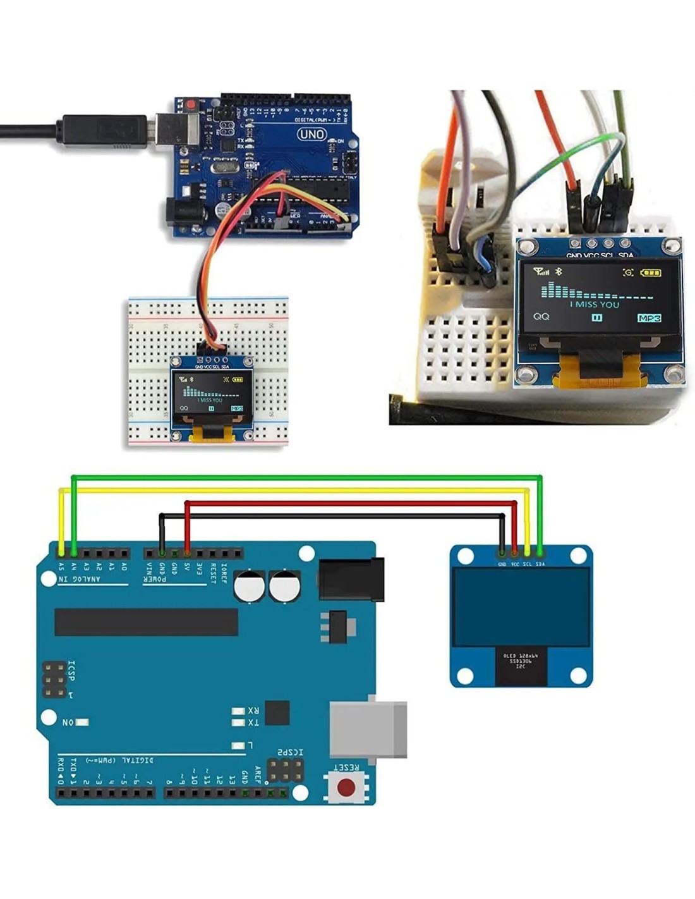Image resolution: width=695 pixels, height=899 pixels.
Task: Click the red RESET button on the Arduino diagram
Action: coord(346,787)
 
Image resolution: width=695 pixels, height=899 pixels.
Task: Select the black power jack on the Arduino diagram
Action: coord(351,578)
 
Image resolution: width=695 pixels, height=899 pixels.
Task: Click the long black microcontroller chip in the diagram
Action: coord(146,622)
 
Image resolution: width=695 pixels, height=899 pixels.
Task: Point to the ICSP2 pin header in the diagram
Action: coord(285,770)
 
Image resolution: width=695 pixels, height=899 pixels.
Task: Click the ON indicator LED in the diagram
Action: coord(82,722)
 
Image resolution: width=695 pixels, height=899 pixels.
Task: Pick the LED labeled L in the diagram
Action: coord(238,746)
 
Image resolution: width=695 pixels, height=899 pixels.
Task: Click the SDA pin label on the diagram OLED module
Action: coord(540,564)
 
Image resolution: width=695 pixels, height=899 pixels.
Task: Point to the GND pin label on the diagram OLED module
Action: coord(502,564)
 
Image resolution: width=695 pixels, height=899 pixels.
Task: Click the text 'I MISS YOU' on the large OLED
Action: coord(595,304)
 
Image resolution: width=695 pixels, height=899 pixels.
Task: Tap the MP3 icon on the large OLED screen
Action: coord(650,318)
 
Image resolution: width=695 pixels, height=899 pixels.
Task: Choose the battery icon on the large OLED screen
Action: coord(651,273)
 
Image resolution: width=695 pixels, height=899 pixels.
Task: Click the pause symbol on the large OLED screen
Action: coord(596,318)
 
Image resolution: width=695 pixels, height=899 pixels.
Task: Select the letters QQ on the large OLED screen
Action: coord(541,316)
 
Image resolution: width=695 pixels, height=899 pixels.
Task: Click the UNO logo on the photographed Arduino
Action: coord(311,134)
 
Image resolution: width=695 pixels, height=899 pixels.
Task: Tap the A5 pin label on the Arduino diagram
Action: coord(61,566)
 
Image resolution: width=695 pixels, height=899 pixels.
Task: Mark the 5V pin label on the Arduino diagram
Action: coord(187,566)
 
